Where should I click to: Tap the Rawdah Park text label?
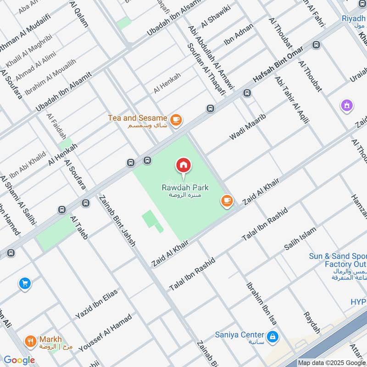pos(184,187)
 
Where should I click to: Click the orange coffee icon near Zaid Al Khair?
pos(226,200)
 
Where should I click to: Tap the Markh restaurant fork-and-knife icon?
pos(31,341)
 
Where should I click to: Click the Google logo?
pos(19,360)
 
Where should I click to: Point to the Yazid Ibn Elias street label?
pos(96,304)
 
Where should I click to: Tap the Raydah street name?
pos(312,323)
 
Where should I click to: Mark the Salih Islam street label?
pos(300,239)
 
